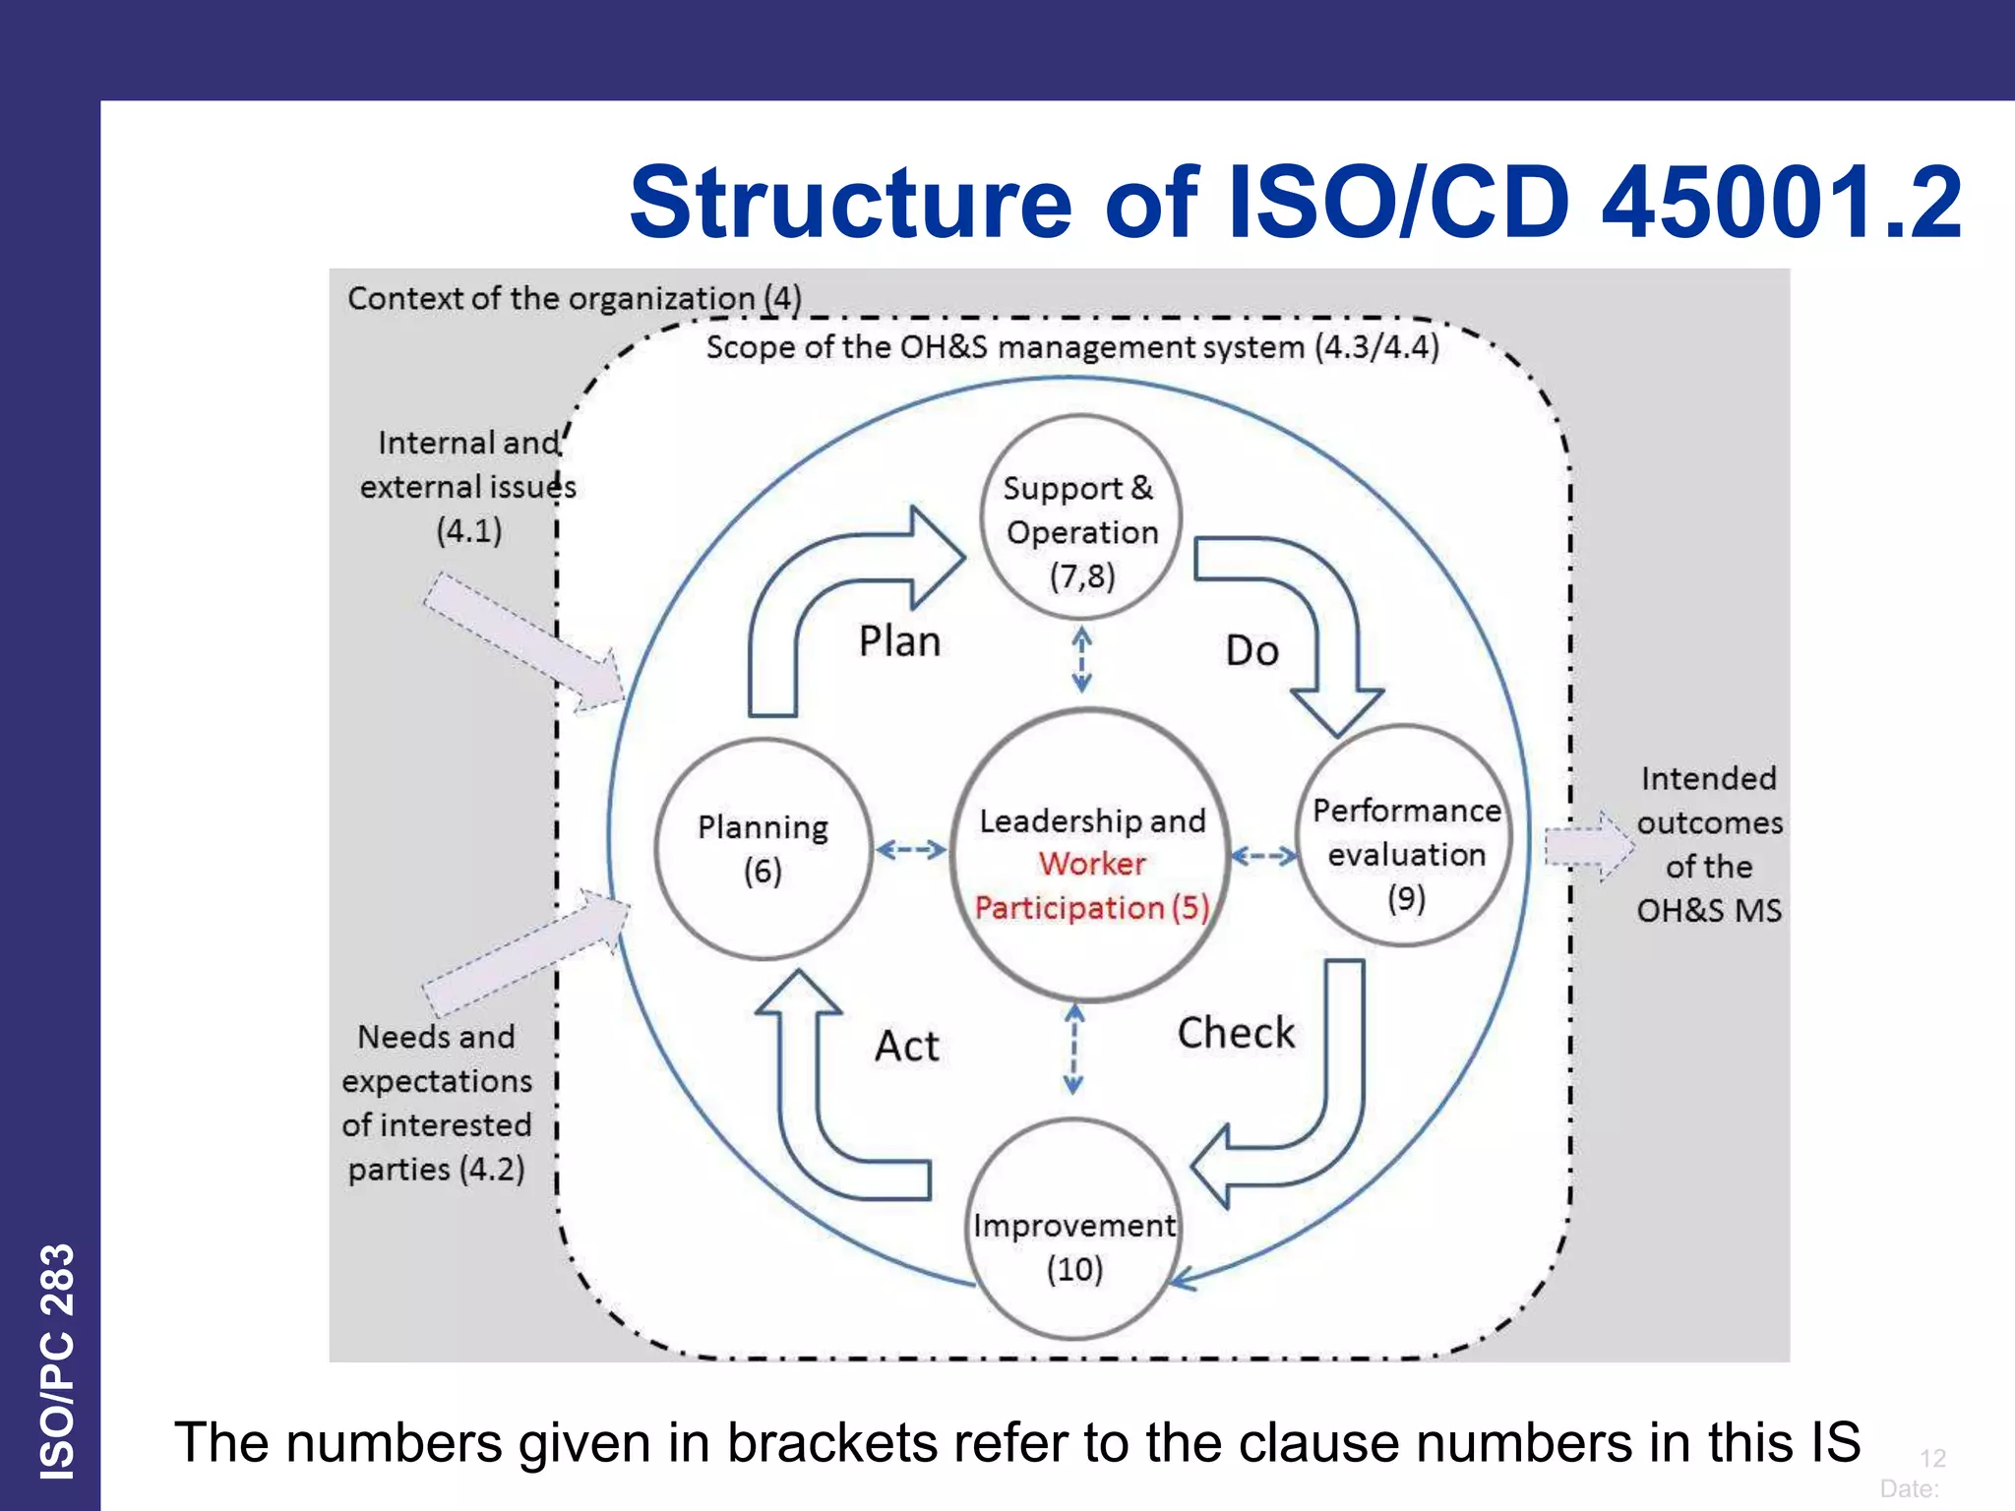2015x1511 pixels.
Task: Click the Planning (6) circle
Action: pos(763,848)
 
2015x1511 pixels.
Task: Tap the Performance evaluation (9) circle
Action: pos(1405,836)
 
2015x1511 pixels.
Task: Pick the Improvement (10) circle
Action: pos(1074,1230)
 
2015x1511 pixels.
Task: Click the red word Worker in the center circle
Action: pos(1092,864)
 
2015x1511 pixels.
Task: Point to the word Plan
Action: pos(899,641)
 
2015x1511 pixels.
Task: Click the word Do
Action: pos(1252,651)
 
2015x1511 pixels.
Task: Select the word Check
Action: pos(1236,1033)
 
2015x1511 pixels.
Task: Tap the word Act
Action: pos(907,1046)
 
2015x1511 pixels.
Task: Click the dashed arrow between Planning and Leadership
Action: pos(911,849)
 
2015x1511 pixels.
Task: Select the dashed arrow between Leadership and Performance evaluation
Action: pos(1264,856)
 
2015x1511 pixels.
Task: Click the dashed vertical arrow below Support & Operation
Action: pos(1081,660)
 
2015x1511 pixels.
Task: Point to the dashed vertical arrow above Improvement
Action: pos(1074,1049)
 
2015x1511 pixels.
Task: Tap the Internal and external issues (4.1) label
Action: pos(468,487)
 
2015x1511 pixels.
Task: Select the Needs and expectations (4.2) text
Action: pos(437,1103)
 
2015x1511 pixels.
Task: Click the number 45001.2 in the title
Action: pos(1781,203)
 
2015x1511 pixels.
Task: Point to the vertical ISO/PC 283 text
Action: pos(57,1361)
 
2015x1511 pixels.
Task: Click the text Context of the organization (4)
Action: pos(574,298)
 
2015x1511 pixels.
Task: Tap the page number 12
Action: pos(1932,1458)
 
